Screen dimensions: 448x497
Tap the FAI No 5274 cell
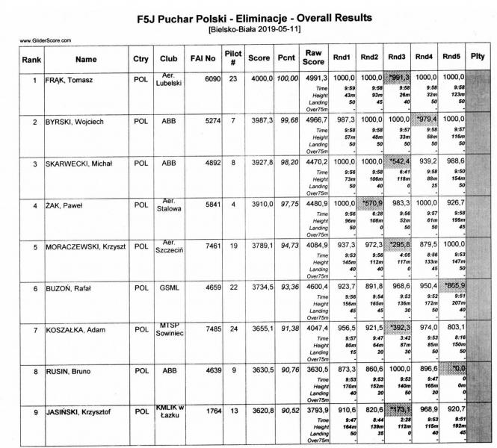point(212,120)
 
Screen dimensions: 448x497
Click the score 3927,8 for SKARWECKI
point(259,161)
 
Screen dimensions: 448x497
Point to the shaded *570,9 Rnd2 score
point(368,203)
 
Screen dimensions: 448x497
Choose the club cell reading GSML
point(167,287)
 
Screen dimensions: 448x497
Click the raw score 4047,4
point(313,329)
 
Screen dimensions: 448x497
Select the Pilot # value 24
point(233,329)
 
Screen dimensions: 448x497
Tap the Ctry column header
point(141,57)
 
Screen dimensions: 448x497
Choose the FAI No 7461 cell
point(212,245)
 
